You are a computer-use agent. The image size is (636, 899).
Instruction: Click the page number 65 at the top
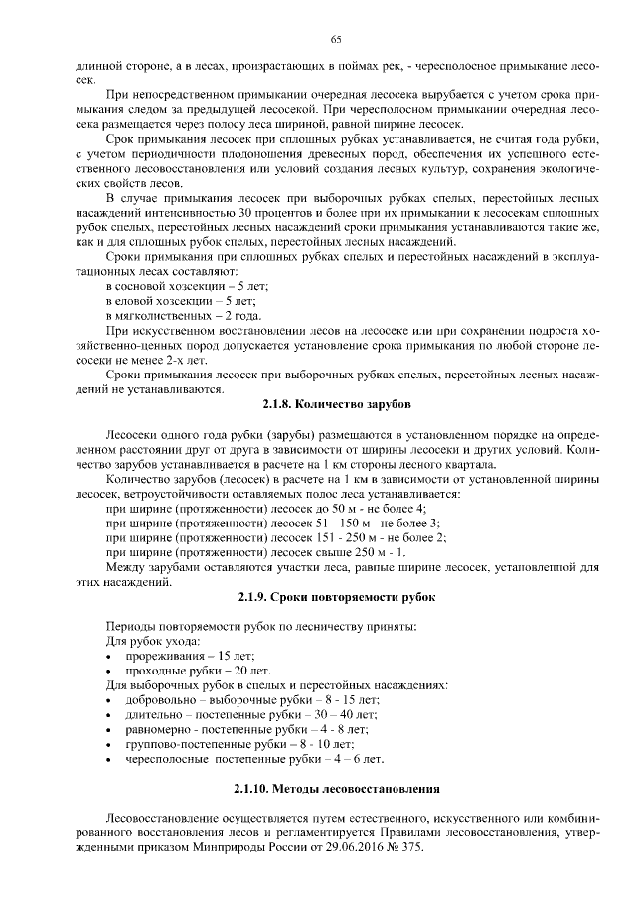(336, 39)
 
